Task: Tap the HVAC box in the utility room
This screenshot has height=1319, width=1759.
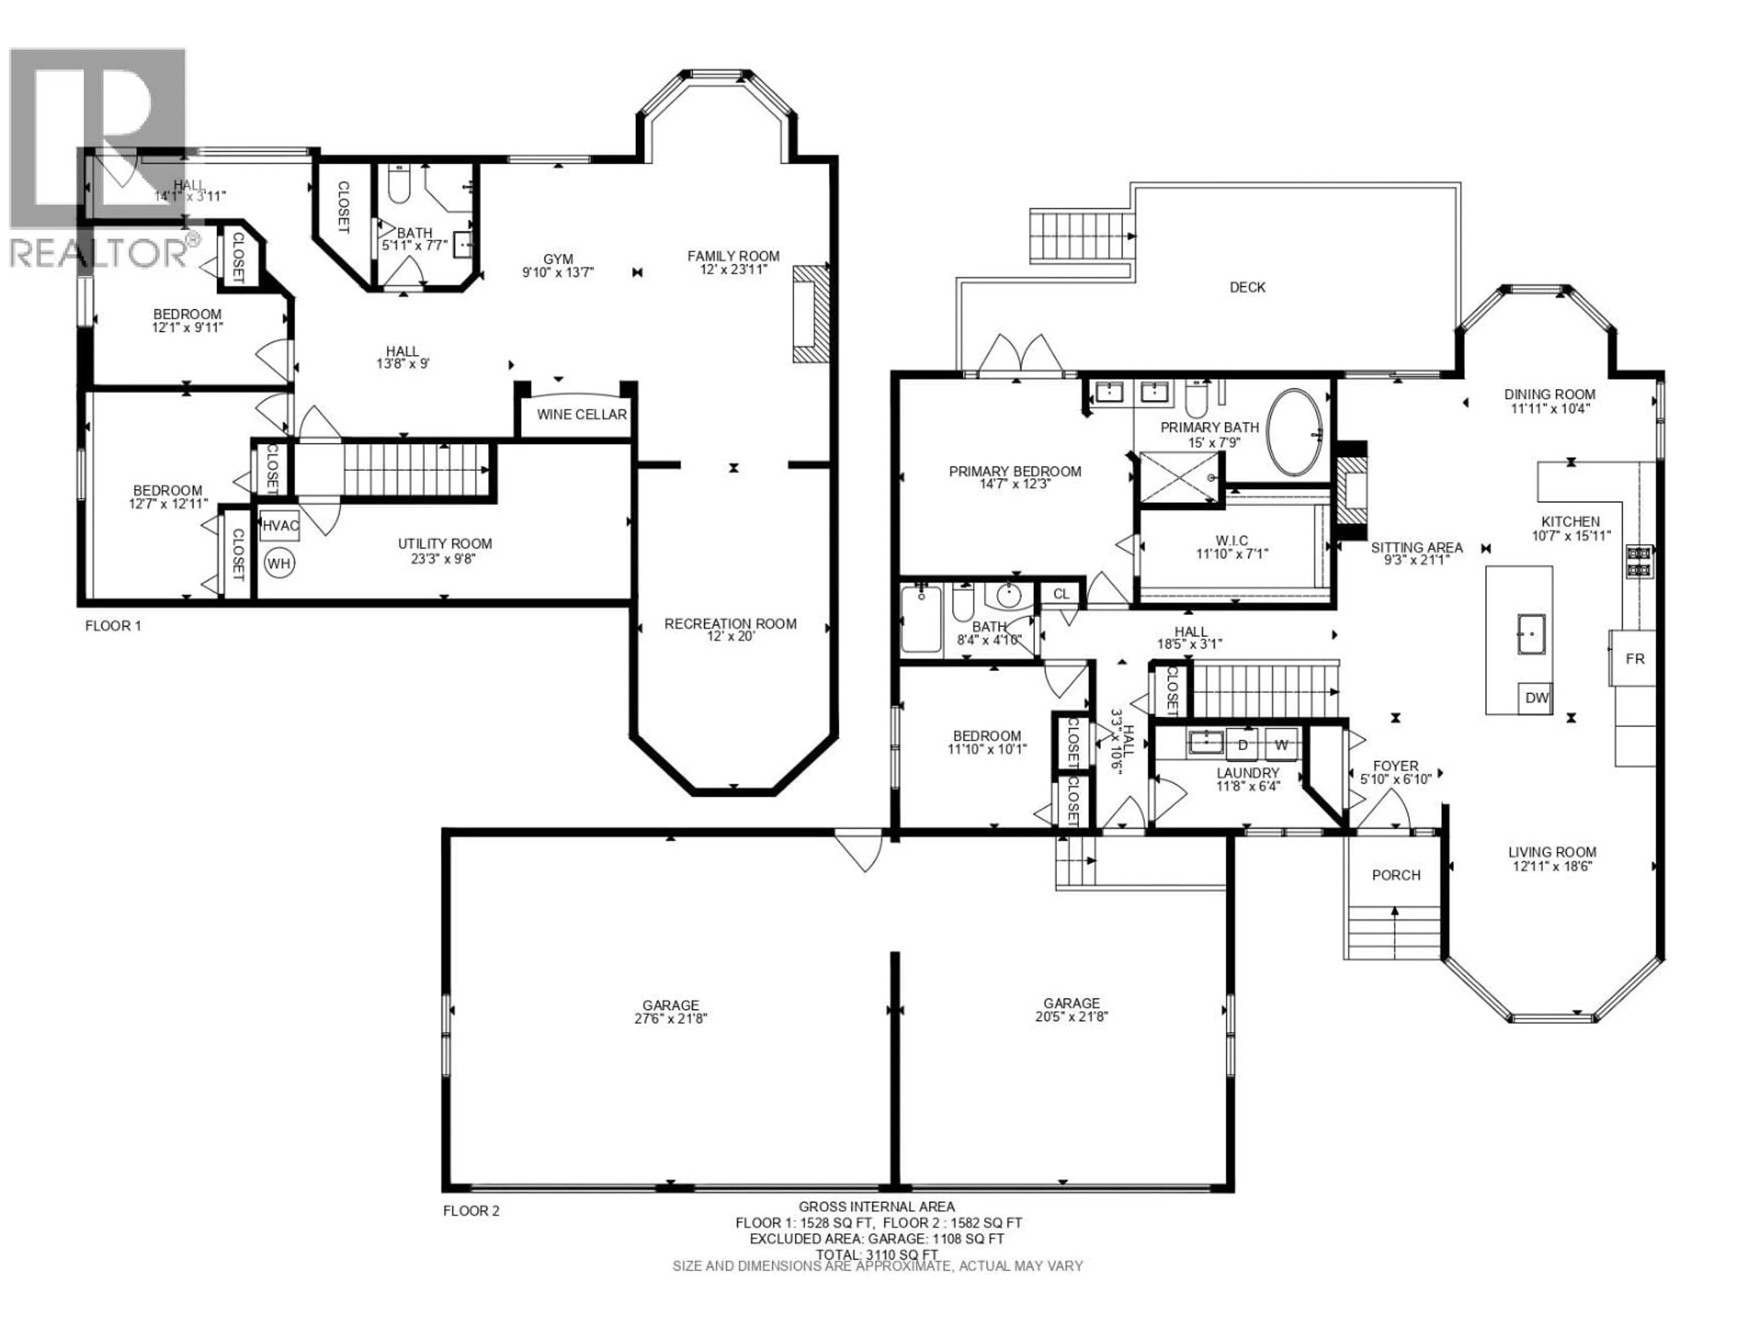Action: click(280, 525)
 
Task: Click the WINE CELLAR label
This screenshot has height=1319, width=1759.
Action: click(581, 414)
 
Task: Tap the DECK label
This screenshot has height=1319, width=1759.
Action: click(1247, 287)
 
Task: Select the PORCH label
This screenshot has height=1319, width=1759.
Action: click(1396, 875)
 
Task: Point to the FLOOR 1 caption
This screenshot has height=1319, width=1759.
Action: click(113, 626)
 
